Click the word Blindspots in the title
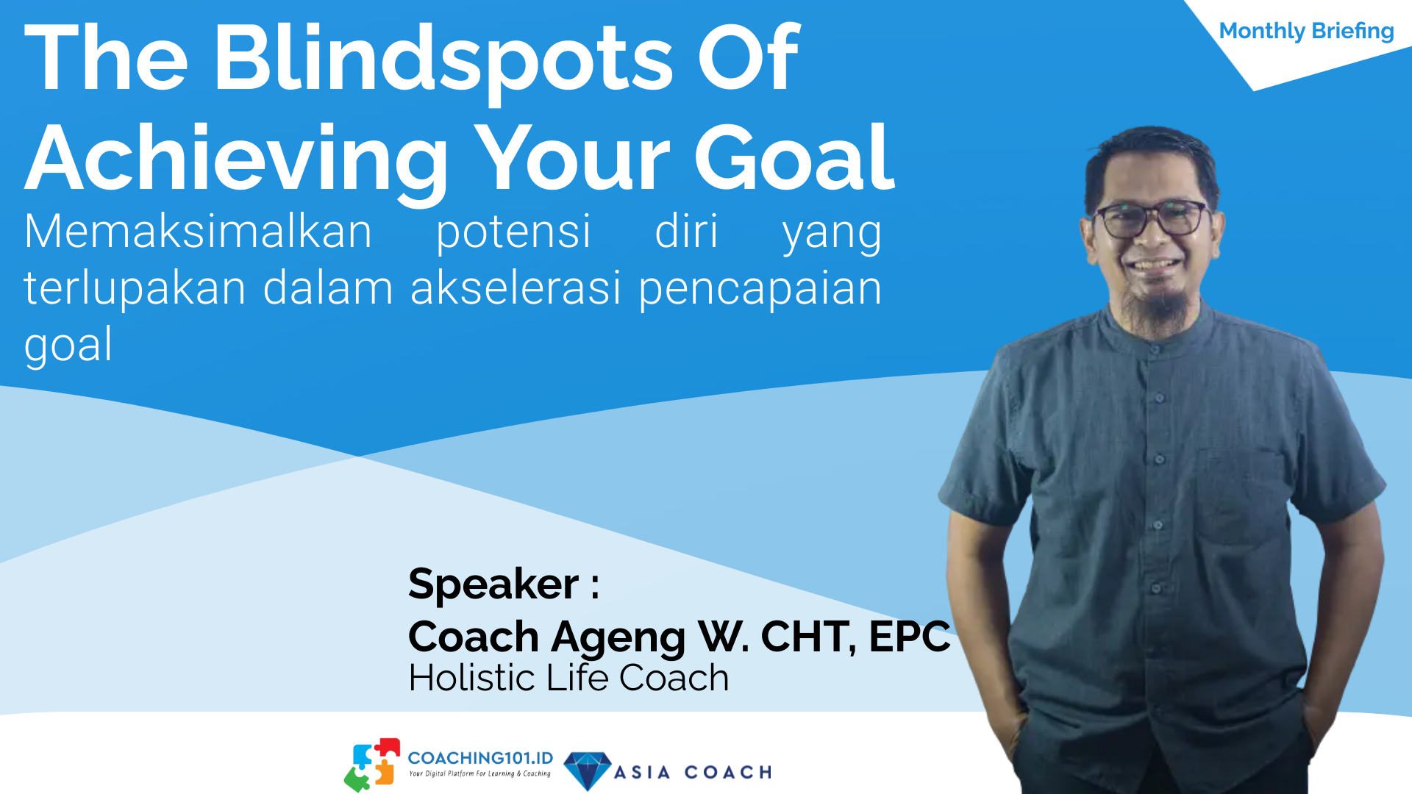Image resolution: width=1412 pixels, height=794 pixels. tap(443, 60)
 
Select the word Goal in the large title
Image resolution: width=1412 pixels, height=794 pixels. tap(795, 157)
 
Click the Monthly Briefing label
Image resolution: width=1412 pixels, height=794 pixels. tap(1306, 31)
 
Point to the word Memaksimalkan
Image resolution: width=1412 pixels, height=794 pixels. tap(199, 232)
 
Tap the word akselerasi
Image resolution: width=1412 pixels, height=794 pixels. tap(516, 287)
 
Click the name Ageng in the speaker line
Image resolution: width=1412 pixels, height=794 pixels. tap(618, 638)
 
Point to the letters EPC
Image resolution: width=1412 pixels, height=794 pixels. tap(910, 636)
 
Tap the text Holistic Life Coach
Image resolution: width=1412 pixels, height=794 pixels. tap(568, 678)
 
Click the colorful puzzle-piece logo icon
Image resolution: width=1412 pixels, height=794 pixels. tap(373, 765)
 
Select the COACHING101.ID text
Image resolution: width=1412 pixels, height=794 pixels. tap(480, 758)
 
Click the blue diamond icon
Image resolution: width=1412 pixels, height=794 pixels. tap(588, 770)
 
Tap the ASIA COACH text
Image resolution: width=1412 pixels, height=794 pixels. tap(693, 773)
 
